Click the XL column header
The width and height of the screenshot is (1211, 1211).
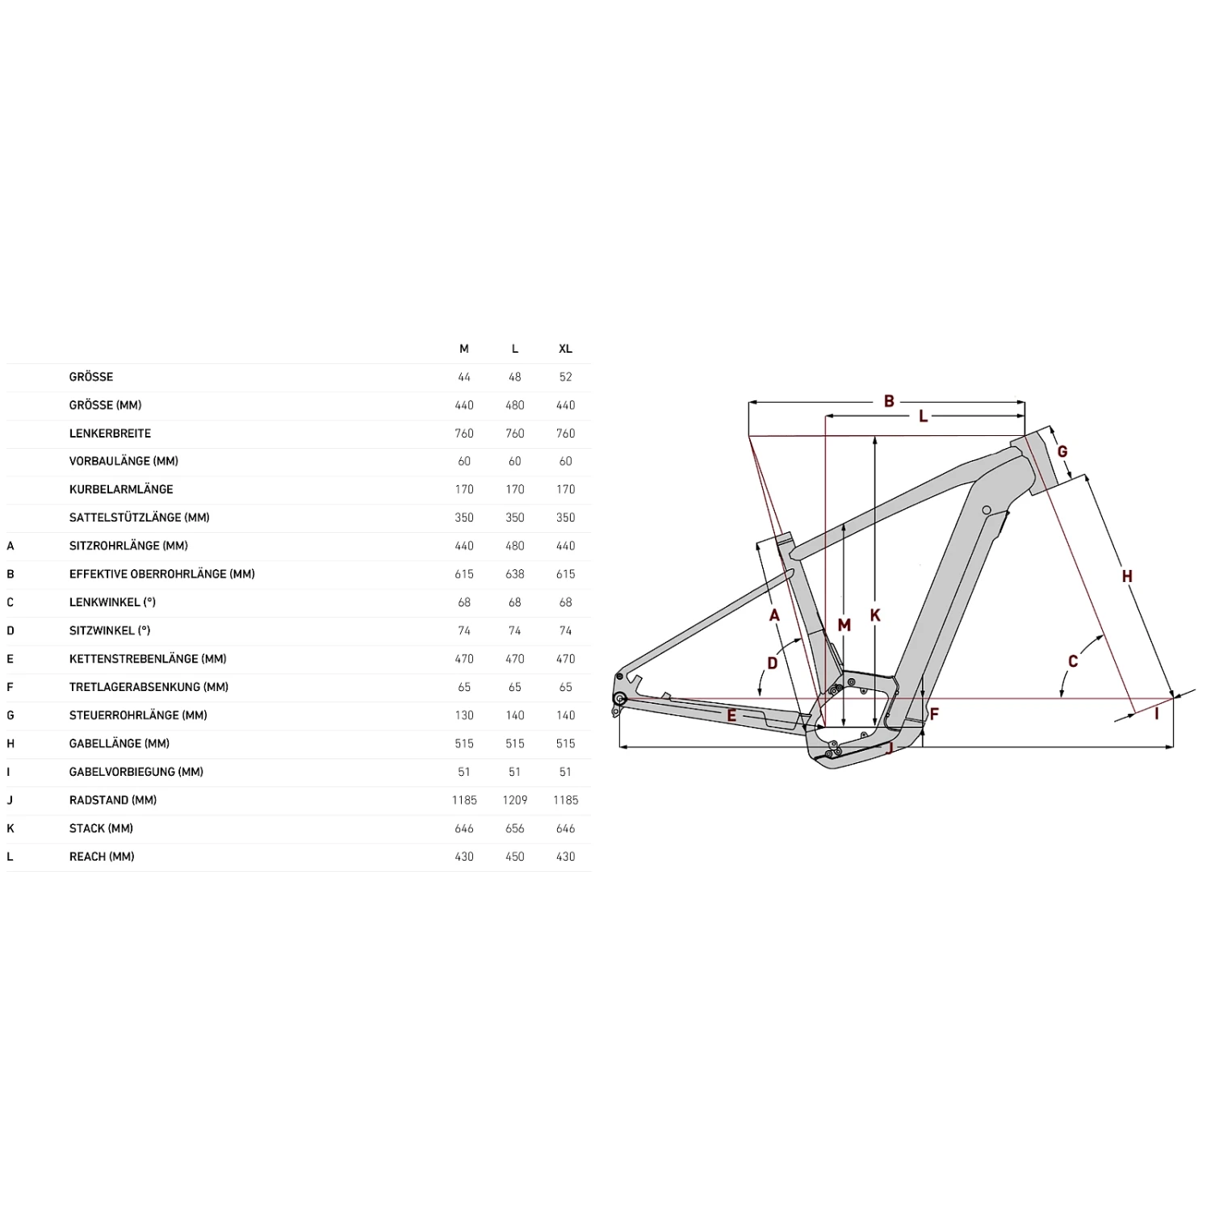point(565,349)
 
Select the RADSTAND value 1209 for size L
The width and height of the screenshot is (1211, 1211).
point(514,800)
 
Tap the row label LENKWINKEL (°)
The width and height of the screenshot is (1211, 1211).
point(112,602)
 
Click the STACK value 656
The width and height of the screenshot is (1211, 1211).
point(514,828)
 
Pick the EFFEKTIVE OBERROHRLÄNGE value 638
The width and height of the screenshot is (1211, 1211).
point(514,574)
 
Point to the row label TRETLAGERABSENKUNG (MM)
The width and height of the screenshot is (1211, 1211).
point(149,687)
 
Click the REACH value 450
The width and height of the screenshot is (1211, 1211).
point(514,857)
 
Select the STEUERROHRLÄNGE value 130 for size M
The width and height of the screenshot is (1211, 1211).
point(464,715)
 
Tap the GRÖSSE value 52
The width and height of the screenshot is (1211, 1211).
point(565,377)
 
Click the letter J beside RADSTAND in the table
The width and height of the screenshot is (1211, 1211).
point(10,800)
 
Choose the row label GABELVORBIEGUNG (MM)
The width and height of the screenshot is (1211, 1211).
point(136,772)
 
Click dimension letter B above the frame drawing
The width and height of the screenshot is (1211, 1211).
point(889,401)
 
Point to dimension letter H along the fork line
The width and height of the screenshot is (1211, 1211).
point(1127,576)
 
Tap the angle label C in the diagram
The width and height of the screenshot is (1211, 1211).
point(1073,662)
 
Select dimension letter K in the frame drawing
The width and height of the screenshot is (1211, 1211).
point(875,616)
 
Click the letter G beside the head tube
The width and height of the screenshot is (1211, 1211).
point(1062,452)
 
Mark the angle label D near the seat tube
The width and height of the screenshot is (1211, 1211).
point(773,664)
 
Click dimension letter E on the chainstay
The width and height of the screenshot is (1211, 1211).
point(731,716)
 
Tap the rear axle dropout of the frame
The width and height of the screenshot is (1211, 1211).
point(620,698)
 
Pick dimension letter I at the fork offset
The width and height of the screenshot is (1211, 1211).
point(1157,714)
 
